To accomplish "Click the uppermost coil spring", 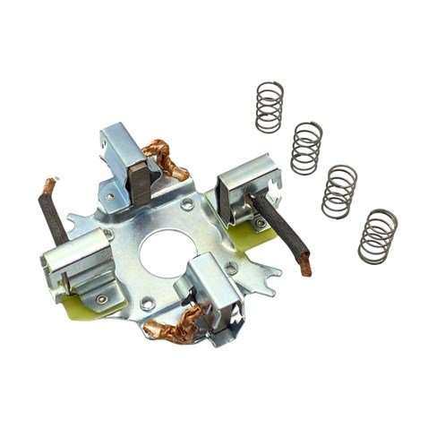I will point(270,107).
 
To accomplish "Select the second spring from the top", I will point(307,147).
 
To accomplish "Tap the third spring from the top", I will point(339,191).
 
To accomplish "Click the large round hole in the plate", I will point(167,253).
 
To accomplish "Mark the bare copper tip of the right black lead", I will point(305,264).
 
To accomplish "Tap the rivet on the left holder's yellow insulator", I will point(101,298).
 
